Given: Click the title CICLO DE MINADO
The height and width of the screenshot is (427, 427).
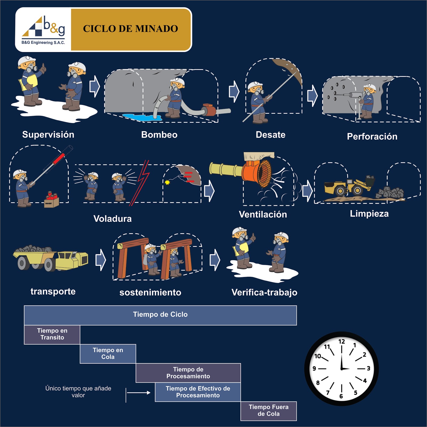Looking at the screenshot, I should point(131,29).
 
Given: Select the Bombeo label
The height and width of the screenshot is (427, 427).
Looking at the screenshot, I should point(159,135).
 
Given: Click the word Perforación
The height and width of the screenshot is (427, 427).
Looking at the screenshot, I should point(372,137).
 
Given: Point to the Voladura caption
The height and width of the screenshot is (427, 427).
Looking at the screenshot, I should point(112,219).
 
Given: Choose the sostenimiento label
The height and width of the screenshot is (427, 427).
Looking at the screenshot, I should point(150,292).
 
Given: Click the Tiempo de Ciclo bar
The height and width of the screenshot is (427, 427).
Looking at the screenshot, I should point(160,315).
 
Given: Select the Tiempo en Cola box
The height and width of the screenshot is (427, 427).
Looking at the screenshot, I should point(108,354).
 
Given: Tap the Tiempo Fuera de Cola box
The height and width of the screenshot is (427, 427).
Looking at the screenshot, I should point(268,411).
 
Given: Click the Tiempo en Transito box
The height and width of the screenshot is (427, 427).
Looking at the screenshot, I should point(52,334).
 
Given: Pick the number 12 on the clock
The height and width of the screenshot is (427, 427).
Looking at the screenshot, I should point(342,342).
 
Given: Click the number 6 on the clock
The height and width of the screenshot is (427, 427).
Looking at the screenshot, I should point(341,396).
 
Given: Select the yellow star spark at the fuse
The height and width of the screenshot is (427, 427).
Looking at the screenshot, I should point(167,183).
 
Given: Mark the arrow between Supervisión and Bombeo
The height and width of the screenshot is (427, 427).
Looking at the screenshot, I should point(94,86).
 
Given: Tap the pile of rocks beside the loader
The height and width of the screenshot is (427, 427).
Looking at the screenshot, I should point(390,193).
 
